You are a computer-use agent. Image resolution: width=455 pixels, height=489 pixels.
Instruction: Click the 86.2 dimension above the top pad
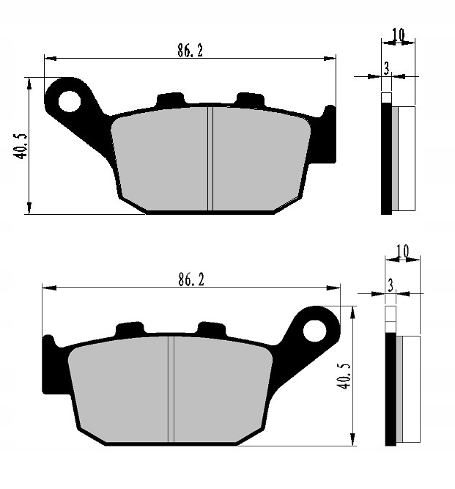[x=190, y=51]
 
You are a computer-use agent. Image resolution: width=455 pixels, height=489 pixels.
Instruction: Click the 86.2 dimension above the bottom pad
[x=191, y=279]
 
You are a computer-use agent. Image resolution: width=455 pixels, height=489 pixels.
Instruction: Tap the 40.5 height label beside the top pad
[x=21, y=147]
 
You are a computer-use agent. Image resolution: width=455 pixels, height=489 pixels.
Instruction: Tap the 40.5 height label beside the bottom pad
[x=344, y=376]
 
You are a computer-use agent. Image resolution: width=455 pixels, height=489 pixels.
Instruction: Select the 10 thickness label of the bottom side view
[x=403, y=251]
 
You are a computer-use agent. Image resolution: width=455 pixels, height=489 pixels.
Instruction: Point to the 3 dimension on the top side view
[x=386, y=68]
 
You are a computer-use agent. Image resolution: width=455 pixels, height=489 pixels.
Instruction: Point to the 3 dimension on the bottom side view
[x=391, y=285]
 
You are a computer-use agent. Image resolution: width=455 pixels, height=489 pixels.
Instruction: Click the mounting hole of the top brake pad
[x=70, y=101]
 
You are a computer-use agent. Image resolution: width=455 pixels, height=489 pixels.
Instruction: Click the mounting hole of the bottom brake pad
[x=314, y=331]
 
